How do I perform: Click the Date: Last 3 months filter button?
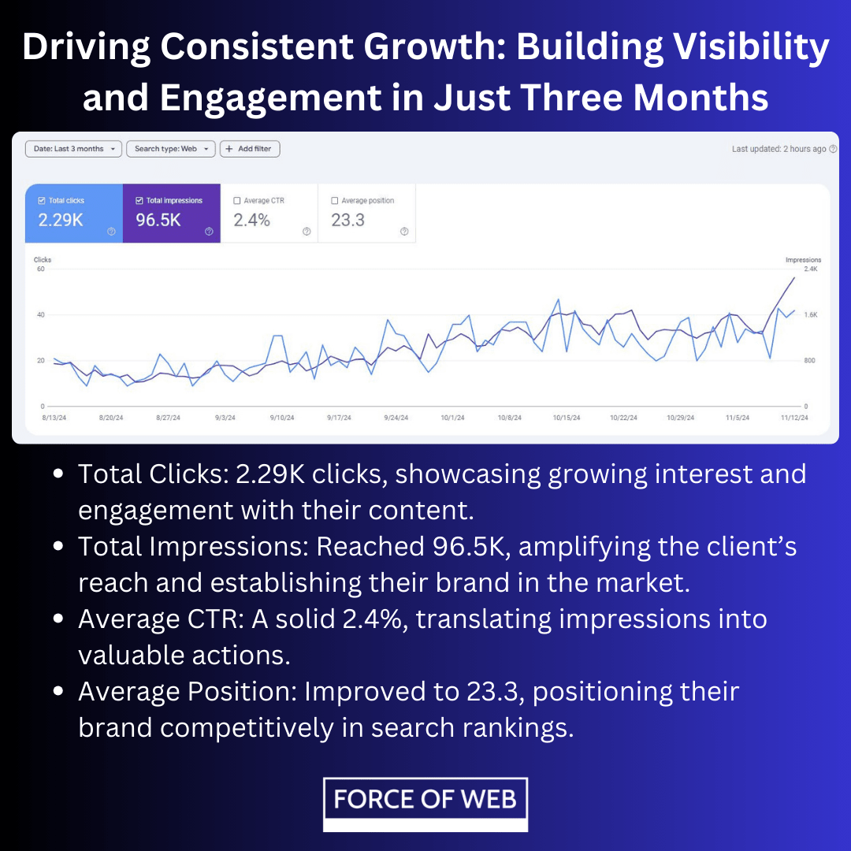click(x=73, y=149)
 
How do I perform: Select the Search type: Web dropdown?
click(x=171, y=149)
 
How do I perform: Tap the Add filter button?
click(x=250, y=149)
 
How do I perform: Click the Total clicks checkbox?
click(x=41, y=200)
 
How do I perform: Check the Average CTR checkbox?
click(x=236, y=200)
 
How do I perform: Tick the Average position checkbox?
click(x=334, y=200)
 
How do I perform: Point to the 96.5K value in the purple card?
click(x=158, y=220)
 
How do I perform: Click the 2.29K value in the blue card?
click(x=61, y=220)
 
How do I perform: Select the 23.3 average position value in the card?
click(x=348, y=220)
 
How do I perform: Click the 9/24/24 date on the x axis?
click(x=396, y=418)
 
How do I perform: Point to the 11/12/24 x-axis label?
click(x=794, y=418)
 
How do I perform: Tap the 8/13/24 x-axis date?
click(x=54, y=418)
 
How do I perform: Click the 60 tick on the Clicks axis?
click(x=41, y=269)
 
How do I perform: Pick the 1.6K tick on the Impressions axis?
click(x=810, y=314)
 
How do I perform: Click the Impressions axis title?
click(x=803, y=260)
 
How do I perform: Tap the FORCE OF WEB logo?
click(x=425, y=805)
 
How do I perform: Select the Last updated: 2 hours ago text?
click(x=779, y=149)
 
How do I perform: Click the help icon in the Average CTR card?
click(x=307, y=232)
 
